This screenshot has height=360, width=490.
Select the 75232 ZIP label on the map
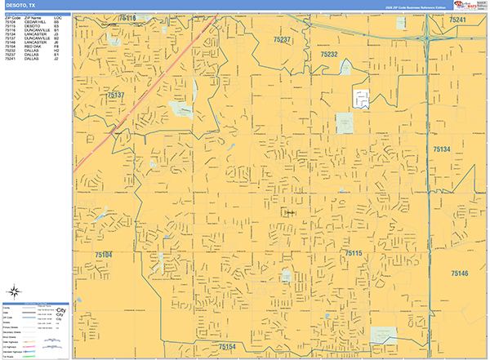tap(328, 54)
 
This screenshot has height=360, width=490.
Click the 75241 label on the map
tap(457, 20)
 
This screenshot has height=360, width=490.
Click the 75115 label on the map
tap(353, 254)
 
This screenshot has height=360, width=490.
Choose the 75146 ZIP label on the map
tap(459, 273)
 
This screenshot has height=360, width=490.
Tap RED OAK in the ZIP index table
tap(33, 47)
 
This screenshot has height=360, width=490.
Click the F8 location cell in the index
tap(56, 47)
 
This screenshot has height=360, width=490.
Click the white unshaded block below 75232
tap(360, 98)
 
